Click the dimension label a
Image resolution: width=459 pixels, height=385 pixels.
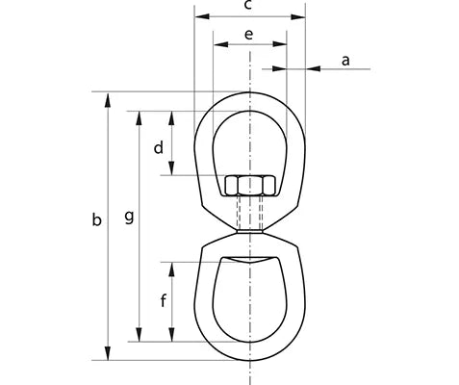[x=345, y=60]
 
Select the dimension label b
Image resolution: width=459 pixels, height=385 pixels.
[x=95, y=220]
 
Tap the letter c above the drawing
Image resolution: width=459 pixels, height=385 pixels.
[x=248, y=6]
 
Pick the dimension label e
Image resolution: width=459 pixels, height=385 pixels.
[x=249, y=35]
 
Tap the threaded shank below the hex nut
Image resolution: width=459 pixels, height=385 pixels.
[x=249, y=214]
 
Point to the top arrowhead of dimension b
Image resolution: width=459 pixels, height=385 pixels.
[x=108, y=98]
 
